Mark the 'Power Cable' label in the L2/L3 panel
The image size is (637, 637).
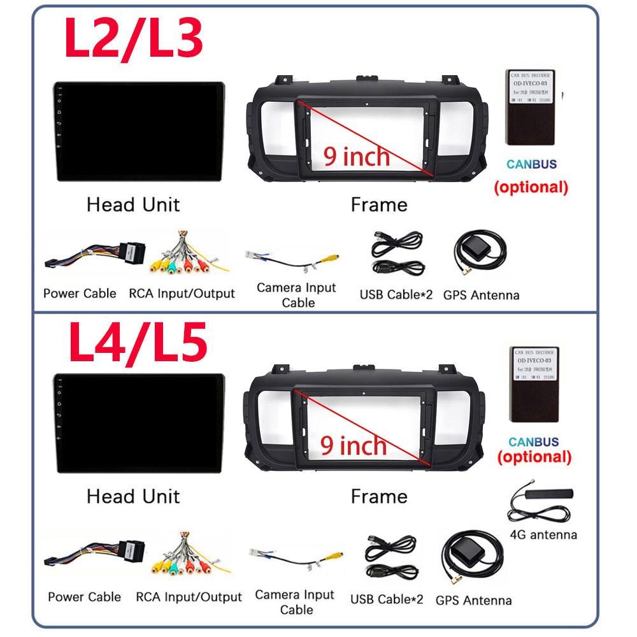[80, 294]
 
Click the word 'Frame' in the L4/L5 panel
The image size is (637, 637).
[378, 496]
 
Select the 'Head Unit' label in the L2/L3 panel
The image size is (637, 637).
[133, 204]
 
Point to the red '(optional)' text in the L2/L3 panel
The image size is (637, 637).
[531, 187]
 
